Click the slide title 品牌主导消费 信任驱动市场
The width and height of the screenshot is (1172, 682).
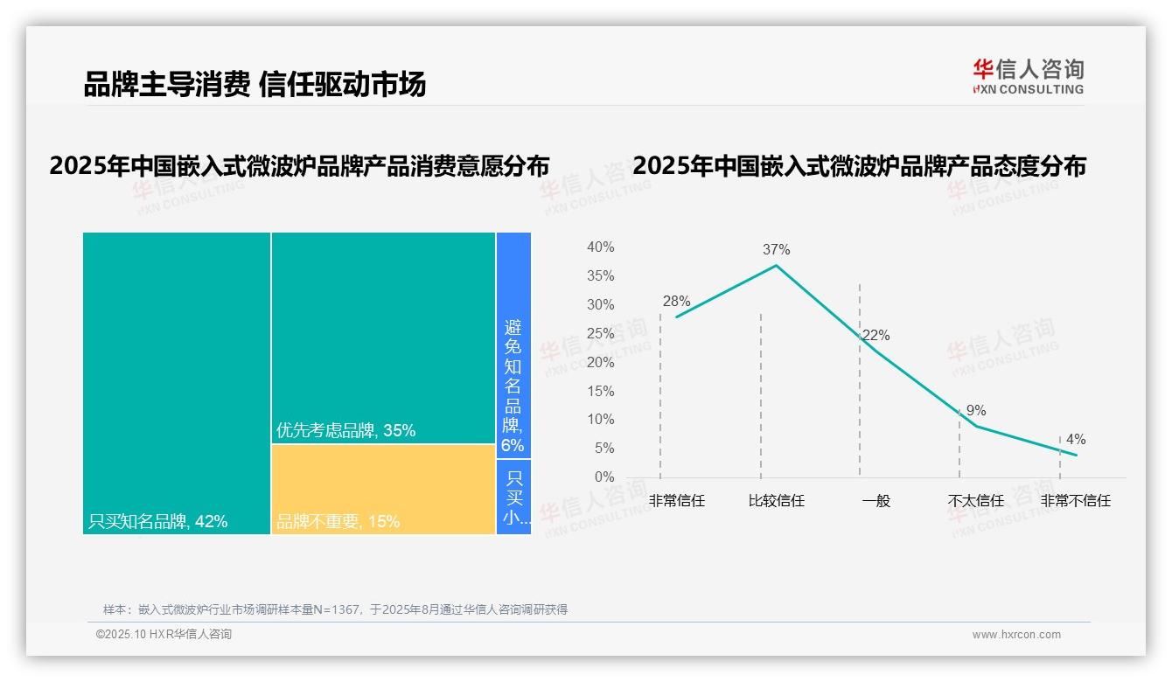[x=255, y=85]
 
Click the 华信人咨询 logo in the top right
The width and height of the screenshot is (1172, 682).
[x=1028, y=76]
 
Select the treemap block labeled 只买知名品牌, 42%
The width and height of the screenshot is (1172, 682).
[x=177, y=382]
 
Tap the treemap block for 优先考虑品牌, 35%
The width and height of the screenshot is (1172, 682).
[x=383, y=338]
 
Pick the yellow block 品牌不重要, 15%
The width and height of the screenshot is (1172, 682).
[x=383, y=489]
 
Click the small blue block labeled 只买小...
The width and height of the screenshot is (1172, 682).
[x=514, y=497]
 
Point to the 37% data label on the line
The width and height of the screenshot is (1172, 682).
[x=776, y=249]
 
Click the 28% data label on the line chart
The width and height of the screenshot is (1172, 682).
[x=676, y=302]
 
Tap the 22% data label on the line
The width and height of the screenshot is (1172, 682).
[x=876, y=335]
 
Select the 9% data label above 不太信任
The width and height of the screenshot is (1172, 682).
[x=976, y=410]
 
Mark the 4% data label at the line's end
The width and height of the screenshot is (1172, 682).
[x=1076, y=439]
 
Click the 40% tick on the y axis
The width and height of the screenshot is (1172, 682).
[x=600, y=247]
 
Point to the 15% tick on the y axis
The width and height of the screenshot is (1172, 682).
[x=600, y=391]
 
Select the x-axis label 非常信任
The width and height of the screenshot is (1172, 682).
[x=676, y=501]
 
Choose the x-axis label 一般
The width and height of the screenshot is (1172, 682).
[x=876, y=501]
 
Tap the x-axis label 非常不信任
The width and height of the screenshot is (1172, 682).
[x=1075, y=501]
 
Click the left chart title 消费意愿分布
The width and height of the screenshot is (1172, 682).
[x=299, y=166]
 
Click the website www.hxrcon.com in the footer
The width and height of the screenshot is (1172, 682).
[x=1016, y=635]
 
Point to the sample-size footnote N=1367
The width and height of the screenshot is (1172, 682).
[x=335, y=609]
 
